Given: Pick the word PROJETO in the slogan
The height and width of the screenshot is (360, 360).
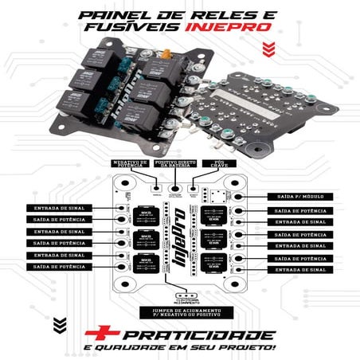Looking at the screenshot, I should click(x=253, y=348).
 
